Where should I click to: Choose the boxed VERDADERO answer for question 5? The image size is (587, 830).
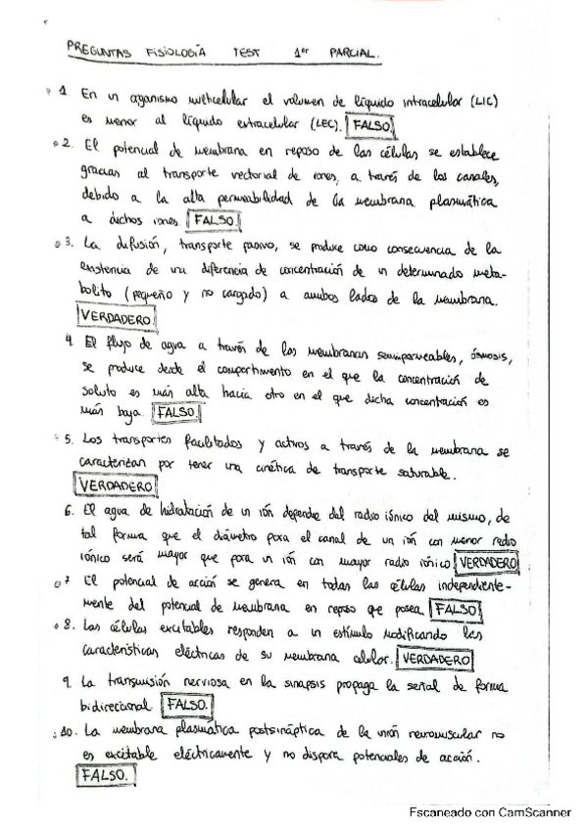click(115, 484)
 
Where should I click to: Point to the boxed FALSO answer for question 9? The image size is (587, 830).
click(187, 704)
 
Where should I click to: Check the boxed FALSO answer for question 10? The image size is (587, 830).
click(104, 775)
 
